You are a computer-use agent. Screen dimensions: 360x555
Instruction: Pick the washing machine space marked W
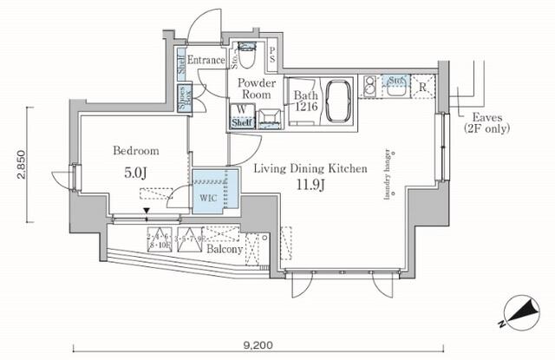[x=239, y=110]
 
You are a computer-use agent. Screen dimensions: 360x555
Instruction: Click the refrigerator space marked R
[x=422, y=87]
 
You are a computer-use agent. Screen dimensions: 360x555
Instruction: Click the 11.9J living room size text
[x=310, y=184]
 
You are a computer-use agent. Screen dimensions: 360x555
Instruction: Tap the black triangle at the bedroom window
[x=147, y=208]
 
